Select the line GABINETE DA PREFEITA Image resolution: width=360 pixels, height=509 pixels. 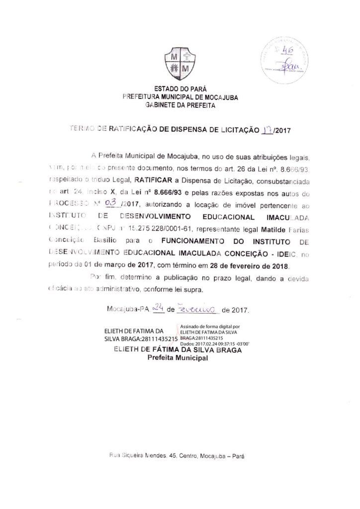click(180, 105)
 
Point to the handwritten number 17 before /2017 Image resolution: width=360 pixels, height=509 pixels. click(267, 131)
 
